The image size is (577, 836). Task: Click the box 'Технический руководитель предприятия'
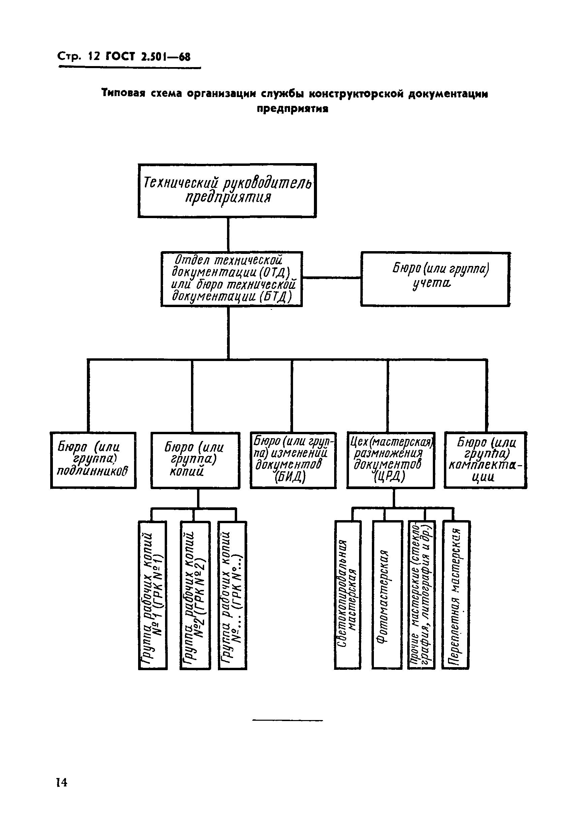tap(227, 190)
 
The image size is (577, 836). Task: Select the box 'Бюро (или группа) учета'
tap(435, 279)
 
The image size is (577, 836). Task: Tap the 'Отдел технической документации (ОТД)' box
tap(231, 279)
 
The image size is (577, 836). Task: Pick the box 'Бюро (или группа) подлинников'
tap(93, 460)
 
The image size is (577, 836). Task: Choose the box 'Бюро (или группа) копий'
tap(195, 460)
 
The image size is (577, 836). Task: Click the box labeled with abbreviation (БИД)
tap(293, 460)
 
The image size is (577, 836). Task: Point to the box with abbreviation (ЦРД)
tap(390, 460)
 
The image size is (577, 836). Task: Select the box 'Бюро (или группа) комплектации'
tap(485, 460)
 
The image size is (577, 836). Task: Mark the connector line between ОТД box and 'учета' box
tap(331, 278)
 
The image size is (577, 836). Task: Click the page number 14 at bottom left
tap(61, 782)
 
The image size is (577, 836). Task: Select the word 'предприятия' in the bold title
tap(292, 109)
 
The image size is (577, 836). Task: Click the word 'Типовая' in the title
tap(123, 94)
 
